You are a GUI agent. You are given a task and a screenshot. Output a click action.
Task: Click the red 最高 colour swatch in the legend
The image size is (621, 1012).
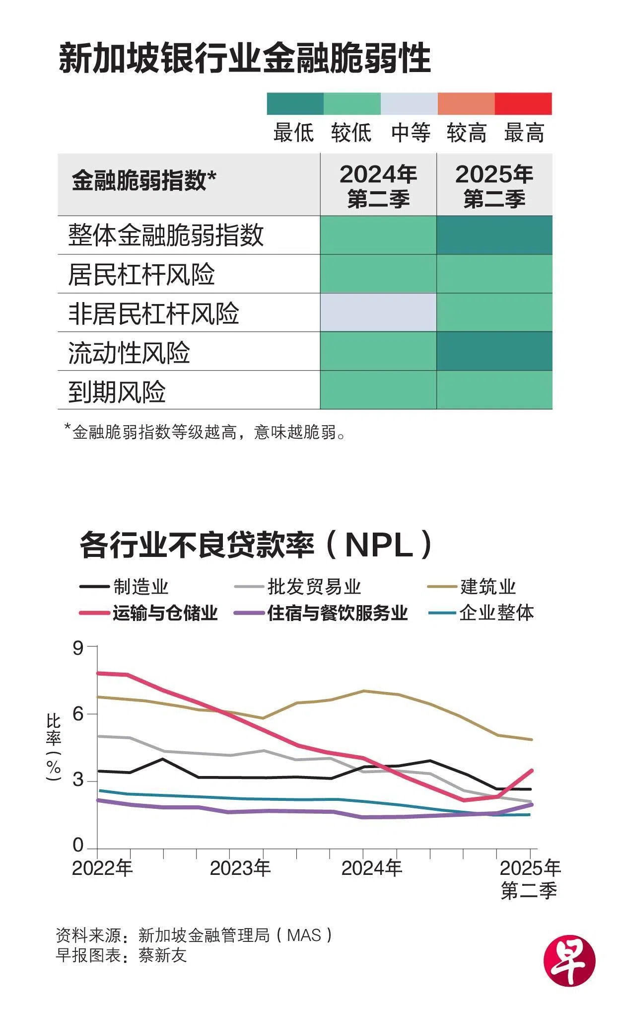click(x=523, y=103)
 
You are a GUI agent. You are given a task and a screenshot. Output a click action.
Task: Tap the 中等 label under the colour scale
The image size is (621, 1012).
click(x=410, y=133)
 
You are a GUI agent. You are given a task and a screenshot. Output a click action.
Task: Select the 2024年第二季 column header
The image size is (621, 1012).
click(x=378, y=186)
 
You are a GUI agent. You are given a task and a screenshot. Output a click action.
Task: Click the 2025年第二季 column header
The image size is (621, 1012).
click(x=494, y=186)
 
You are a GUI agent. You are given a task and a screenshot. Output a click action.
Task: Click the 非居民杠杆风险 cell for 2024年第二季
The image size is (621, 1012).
click(x=378, y=312)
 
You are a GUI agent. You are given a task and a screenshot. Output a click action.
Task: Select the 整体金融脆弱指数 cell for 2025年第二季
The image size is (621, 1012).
click(x=494, y=235)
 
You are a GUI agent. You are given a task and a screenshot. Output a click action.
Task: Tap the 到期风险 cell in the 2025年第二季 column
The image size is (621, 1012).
click(x=494, y=390)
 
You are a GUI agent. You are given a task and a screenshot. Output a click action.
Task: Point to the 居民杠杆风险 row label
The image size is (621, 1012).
click(x=141, y=275)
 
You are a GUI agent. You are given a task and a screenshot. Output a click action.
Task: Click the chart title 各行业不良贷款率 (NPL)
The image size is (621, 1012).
click(x=256, y=545)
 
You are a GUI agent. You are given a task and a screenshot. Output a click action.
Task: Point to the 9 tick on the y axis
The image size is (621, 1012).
click(x=78, y=648)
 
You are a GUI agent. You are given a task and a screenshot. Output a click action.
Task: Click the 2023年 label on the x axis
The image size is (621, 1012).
click(x=240, y=868)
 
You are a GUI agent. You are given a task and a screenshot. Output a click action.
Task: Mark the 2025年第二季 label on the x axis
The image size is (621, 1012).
click(x=529, y=879)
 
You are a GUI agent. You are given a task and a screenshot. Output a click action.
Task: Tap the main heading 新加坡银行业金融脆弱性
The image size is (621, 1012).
click(x=244, y=59)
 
